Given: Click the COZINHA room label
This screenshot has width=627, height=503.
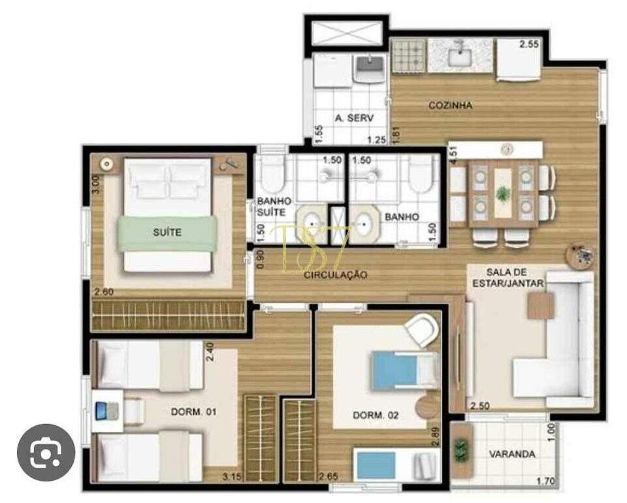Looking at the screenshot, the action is pyautogui.click(x=450, y=105).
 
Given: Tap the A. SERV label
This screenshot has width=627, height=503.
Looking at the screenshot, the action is pyautogui.click(x=354, y=118).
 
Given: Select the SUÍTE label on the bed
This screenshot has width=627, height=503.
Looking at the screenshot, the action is pyautogui.click(x=167, y=232).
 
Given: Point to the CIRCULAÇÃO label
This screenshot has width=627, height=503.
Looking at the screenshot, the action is pyautogui.click(x=336, y=275).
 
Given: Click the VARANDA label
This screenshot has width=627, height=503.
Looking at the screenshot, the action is pyautogui.click(x=512, y=454).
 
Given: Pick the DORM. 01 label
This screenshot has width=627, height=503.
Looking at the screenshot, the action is pyautogui.click(x=193, y=412).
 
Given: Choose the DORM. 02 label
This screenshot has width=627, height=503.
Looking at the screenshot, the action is pyautogui.click(x=376, y=415).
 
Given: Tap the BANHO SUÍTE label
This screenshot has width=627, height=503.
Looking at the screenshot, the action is pyautogui.click(x=274, y=206).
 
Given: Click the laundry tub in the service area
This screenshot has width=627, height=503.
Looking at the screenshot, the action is pyautogui.click(x=370, y=69).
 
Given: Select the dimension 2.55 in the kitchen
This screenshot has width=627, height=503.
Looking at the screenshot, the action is pyautogui.click(x=528, y=44).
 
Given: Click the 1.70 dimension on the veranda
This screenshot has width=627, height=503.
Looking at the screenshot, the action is pyautogui.click(x=546, y=481).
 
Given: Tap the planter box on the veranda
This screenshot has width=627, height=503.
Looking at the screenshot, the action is pyautogui.click(x=461, y=450).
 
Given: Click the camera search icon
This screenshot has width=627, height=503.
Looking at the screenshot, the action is pyautogui.click(x=46, y=453).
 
